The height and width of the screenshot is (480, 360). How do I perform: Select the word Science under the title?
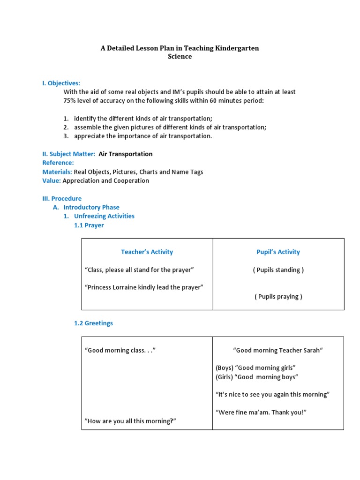pyautogui.click(x=180, y=56)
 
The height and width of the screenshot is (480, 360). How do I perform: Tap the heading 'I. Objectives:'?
pyautogui.click(x=61, y=83)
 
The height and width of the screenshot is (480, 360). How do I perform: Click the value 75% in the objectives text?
pyautogui.click(x=70, y=100)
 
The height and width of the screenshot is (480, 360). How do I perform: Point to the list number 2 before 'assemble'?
pyautogui.click(x=66, y=127)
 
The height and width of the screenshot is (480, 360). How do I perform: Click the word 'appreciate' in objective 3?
pyautogui.click(x=89, y=136)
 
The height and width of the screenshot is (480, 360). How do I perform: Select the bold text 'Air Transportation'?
pyautogui.click(x=125, y=154)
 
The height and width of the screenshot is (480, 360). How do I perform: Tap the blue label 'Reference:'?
pyautogui.click(x=58, y=163)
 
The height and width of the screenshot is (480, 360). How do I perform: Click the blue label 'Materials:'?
pyautogui.click(x=57, y=172)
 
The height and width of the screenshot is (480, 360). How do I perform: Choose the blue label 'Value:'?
pyautogui.click(x=52, y=180)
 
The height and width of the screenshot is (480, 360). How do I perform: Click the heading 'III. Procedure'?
pyautogui.click(x=62, y=198)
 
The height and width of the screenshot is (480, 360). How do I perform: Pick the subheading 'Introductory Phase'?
pyautogui.click(x=91, y=207)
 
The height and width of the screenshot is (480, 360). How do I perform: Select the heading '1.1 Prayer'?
pyautogui.click(x=89, y=225)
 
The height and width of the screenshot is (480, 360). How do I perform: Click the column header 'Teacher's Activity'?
pyautogui.click(x=147, y=252)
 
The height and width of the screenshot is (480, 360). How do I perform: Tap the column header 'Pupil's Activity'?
pyautogui.click(x=278, y=252)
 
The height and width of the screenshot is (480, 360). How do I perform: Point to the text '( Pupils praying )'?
pyautogui.click(x=278, y=296)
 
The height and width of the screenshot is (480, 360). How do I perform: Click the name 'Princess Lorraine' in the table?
pyautogui.click(x=111, y=287)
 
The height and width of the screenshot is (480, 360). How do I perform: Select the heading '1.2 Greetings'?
pyautogui.click(x=93, y=323)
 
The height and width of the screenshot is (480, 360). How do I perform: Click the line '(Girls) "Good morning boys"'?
pyautogui.click(x=257, y=377)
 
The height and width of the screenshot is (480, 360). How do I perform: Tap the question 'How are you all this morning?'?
pyautogui.click(x=130, y=421)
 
